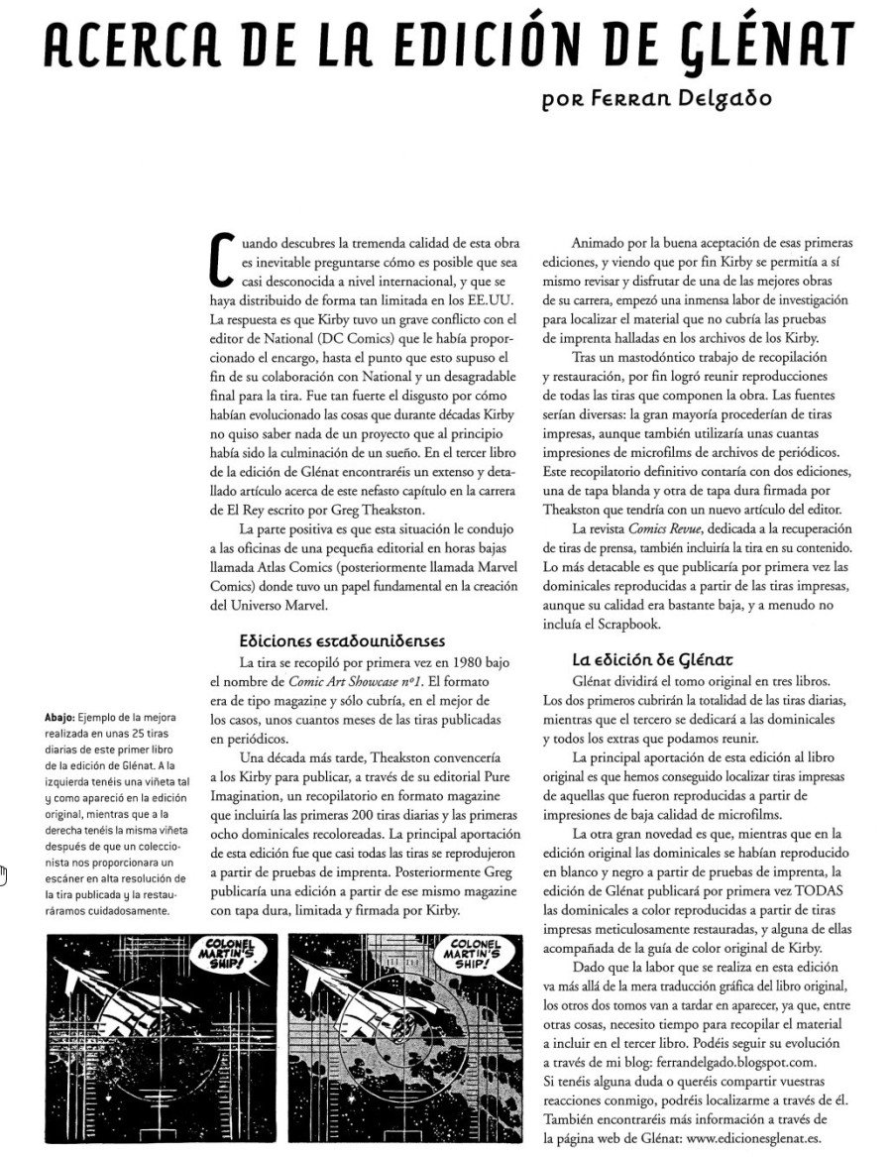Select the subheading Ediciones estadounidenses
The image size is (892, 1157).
tap(342, 640)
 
